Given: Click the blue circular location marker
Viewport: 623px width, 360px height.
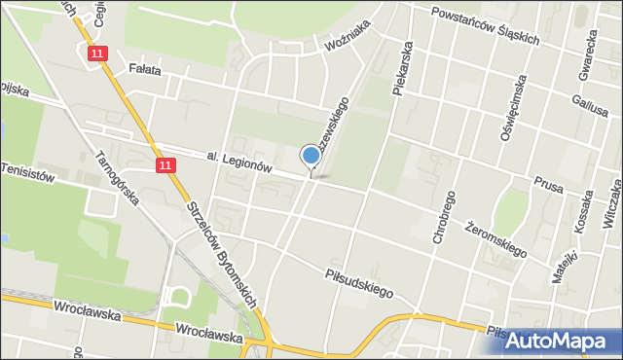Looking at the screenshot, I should [311, 155].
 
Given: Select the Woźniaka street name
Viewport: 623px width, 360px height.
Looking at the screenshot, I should [348, 43].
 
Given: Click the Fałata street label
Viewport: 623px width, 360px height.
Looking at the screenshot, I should [144, 69].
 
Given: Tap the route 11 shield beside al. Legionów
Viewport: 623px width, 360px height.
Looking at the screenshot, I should [166, 166].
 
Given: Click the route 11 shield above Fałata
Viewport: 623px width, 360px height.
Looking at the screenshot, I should [95, 55].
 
